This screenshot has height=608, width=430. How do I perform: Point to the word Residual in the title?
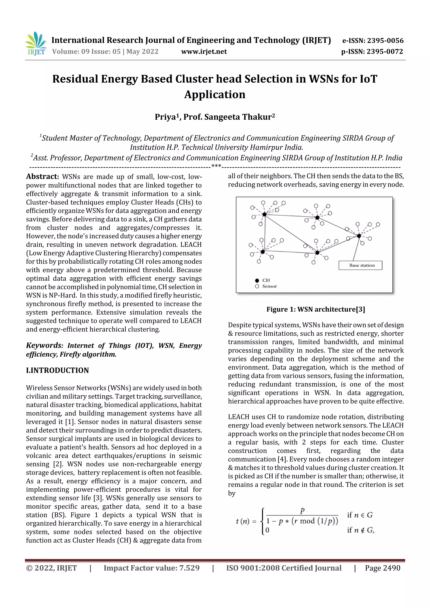coord(75,79)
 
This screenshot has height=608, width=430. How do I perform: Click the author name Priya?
coord(165,117)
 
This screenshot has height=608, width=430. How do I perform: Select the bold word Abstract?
coord(42,177)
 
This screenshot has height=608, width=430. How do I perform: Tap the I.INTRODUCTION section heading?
coord(57,370)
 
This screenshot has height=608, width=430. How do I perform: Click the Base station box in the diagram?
coord(360,265)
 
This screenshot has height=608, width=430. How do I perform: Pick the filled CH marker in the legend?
coord(257,280)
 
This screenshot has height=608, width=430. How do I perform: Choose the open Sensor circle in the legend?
coord(257,286)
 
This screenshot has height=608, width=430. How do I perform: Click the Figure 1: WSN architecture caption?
coord(316,309)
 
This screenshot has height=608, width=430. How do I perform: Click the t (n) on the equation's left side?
coord(243,521)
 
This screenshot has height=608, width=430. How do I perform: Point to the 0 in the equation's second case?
coord(267,530)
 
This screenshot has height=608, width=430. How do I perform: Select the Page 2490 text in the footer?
coord(382,568)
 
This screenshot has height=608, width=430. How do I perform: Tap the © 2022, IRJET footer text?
coord(51,568)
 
